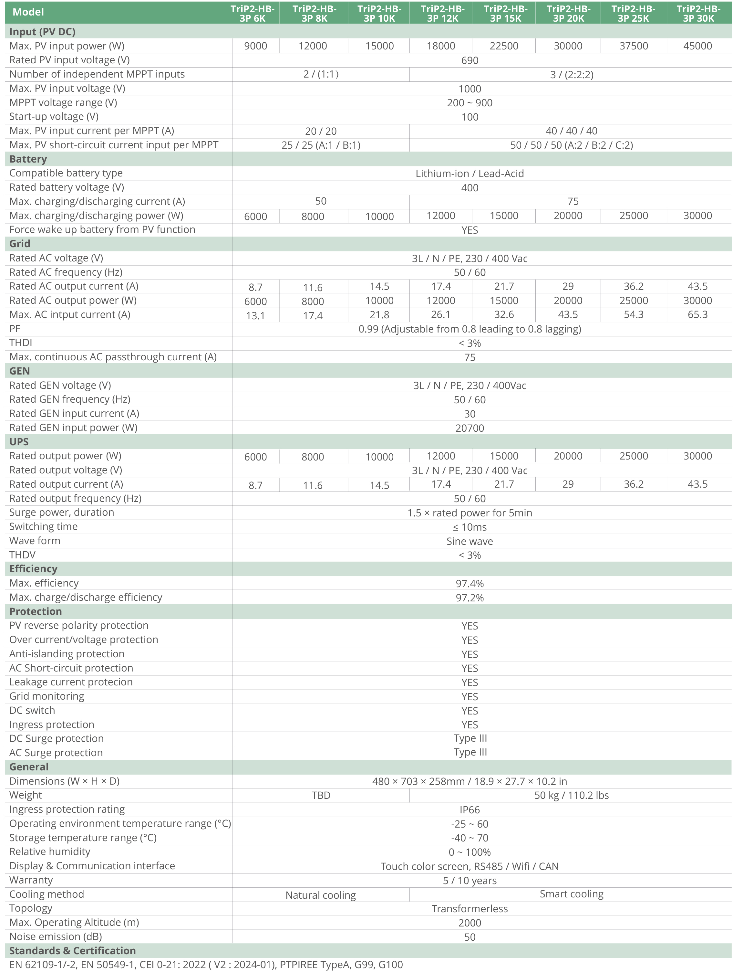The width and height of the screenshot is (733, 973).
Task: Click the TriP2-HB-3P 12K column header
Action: coord(442,13)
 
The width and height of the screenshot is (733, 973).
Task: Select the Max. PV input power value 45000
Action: coord(697,46)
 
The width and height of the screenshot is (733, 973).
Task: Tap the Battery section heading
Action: coord(28,159)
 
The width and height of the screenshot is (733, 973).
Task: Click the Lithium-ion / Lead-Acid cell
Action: coord(469,173)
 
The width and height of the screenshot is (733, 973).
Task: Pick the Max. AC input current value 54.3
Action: coord(633,314)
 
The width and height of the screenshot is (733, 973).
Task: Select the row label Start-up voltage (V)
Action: coord(54,117)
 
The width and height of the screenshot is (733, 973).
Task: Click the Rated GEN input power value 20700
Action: coord(469,428)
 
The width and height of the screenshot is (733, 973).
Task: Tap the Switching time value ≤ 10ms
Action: coord(469,527)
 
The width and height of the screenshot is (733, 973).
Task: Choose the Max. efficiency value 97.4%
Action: coord(469,584)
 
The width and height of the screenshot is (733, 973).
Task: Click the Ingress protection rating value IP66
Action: coord(469,810)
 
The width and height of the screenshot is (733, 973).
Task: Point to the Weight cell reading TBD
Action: coord(321,795)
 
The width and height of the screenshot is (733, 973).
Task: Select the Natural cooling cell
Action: coord(321,895)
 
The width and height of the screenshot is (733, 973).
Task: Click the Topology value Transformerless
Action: coord(469,909)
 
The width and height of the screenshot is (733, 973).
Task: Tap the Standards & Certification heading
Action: coord(73,951)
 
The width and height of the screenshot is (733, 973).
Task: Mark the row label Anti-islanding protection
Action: coord(67,654)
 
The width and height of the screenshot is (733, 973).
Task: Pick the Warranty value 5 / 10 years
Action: coord(469,881)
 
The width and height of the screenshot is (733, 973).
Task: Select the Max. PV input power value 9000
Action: coord(255,46)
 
